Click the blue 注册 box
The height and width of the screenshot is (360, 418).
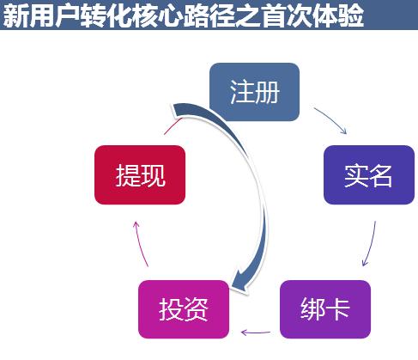tap(254, 92)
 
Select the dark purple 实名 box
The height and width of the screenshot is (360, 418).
tap(369, 174)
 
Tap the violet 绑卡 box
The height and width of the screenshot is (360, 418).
tap(325, 309)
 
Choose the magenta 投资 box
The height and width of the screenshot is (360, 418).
tap(184, 309)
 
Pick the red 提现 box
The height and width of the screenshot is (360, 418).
tap(140, 174)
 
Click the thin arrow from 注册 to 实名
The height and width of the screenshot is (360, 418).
tap(332, 119)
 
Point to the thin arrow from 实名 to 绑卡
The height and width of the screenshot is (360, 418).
tap(371, 244)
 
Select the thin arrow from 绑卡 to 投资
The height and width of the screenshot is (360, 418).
tap(256, 333)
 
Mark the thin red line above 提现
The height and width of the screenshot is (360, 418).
tap(173, 125)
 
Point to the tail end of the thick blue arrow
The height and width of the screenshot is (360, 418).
tap(178, 110)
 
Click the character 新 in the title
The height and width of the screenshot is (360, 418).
tap(15, 15)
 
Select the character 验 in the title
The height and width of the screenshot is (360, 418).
tap(351, 15)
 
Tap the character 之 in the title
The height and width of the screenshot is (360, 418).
tap(250, 15)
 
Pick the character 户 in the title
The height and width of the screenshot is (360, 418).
tap(67, 15)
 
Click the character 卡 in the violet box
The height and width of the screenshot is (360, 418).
tap(338, 308)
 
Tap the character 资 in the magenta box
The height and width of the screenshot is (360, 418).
tap(197, 309)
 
